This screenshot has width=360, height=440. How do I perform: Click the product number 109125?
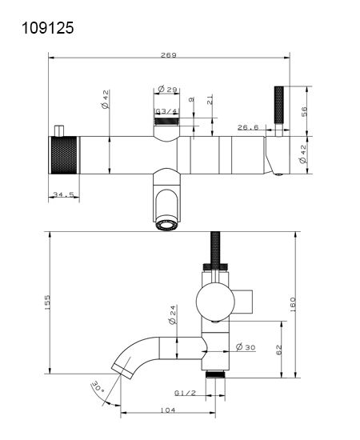[x=48, y=28]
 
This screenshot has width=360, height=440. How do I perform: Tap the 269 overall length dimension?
[x=169, y=55]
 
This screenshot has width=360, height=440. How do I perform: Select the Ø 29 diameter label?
[x=167, y=90]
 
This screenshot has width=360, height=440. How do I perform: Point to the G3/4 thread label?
[x=166, y=111]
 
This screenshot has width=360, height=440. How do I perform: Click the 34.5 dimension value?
[x=63, y=194]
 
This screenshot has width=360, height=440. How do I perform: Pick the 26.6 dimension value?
[x=248, y=127]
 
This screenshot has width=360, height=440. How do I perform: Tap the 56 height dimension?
[x=304, y=111]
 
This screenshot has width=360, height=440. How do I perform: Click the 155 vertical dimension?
[x=47, y=302]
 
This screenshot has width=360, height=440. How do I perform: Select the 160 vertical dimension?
[x=292, y=305]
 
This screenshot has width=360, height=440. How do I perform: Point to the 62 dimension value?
[x=278, y=350]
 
